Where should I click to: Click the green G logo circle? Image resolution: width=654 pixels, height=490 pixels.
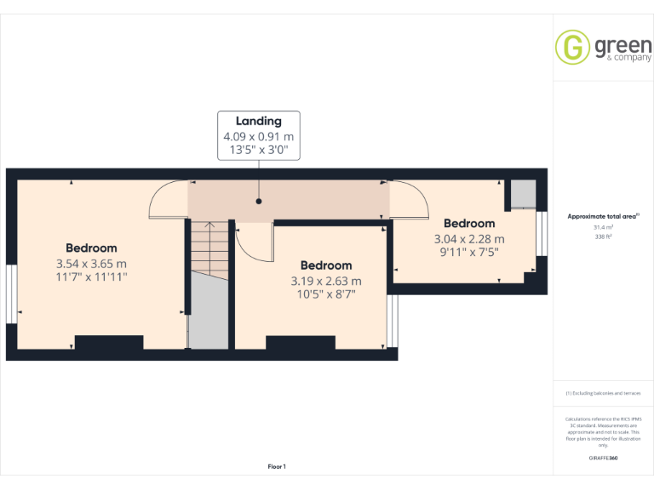572,47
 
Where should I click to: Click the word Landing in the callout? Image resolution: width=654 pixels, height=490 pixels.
258,121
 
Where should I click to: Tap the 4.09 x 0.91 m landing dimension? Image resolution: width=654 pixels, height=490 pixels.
258,136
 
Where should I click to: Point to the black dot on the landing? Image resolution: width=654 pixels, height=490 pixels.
258,202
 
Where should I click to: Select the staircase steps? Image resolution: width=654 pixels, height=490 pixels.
209,247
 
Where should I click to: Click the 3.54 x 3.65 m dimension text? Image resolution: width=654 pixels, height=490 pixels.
91,263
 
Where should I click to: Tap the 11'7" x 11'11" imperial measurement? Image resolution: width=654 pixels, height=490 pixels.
91,276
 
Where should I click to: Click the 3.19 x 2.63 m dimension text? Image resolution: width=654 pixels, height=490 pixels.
326,281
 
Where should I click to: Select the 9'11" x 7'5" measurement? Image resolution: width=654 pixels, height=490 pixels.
468,252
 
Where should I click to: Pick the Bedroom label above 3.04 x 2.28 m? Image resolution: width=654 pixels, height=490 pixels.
469,224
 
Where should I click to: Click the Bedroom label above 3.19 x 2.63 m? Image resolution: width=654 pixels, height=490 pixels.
326,265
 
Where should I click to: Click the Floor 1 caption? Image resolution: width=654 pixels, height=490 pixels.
277,466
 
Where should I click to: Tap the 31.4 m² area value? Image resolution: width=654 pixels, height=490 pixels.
602,227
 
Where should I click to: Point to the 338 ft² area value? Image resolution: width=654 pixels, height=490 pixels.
602,236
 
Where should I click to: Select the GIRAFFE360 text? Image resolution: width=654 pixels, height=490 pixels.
603,459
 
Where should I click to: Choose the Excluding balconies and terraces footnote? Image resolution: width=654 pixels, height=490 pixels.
603,393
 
